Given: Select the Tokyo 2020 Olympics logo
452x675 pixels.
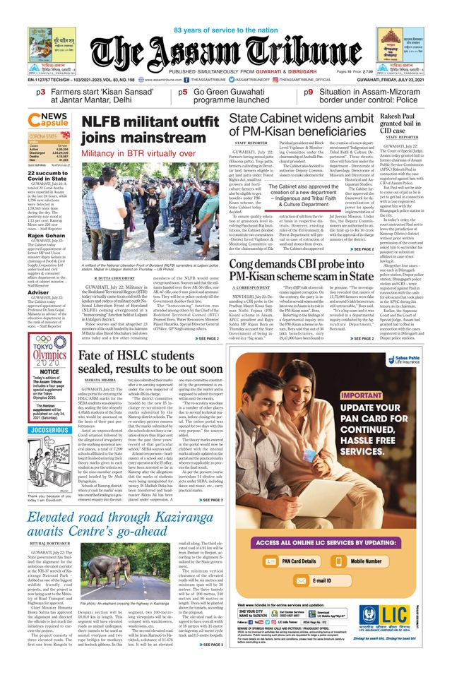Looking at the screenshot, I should (x=49, y=350).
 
